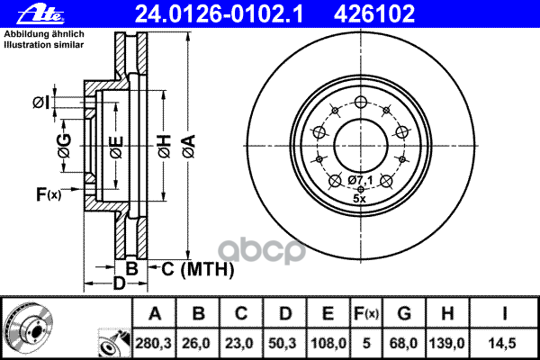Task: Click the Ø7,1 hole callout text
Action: click(x=360, y=183)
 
